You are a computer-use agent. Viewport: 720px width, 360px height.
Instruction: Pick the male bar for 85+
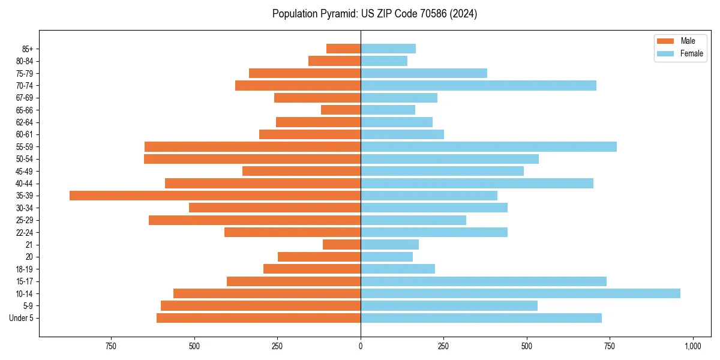click(343, 49)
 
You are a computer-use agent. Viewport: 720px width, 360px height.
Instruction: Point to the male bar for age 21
click(341, 244)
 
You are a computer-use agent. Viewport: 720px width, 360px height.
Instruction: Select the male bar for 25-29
click(254, 220)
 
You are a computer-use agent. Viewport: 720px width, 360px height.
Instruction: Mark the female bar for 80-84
click(384, 61)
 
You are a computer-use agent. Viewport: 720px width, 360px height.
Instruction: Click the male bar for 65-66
click(341, 110)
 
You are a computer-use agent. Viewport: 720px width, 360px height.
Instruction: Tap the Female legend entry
click(680, 53)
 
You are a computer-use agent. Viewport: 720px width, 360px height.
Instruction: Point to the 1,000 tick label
click(692, 347)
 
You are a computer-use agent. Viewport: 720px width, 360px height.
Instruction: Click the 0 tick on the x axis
click(361, 347)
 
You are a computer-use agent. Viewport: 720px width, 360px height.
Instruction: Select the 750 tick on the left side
click(110, 347)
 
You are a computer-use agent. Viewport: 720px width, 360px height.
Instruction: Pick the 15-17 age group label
click(25, 281)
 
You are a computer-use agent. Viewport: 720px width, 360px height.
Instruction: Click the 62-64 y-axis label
click(25, 122)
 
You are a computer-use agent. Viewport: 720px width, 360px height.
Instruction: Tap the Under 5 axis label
click(21, 318)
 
